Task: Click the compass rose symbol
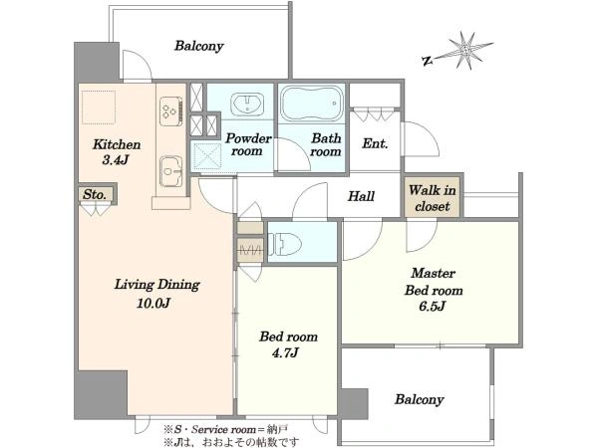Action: point(465,51)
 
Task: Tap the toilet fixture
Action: point(284,244)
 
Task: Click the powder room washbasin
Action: point(247,104)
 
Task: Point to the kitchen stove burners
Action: point(170,111)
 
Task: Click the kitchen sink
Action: point(170,171)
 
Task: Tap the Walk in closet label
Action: point(433,198)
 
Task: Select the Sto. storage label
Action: point(95,195)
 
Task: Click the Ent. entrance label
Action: point(375,143)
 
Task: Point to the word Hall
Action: point(361,196)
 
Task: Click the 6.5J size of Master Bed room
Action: point(433,306)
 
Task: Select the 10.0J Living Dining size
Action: point(153,304)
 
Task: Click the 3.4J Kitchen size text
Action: point(116,160)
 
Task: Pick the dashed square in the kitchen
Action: point(99,108)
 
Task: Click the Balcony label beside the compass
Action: point(198,46)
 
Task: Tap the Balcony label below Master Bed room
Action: point(420,399)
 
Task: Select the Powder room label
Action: point(248,144)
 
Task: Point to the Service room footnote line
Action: point(226,430)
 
